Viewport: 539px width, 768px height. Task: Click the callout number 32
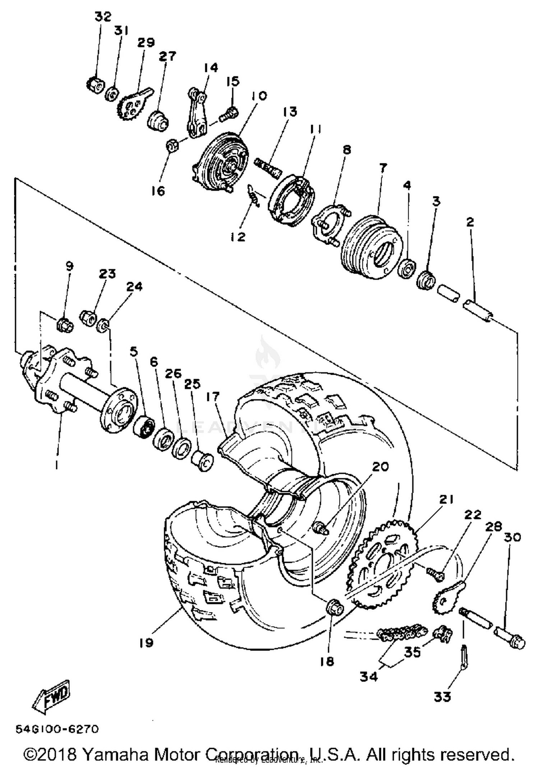coord(103,17)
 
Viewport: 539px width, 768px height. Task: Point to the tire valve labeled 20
coord(321,529)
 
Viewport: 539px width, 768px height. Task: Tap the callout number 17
coord(213,397)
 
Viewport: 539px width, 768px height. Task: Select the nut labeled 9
coord(65,324)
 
